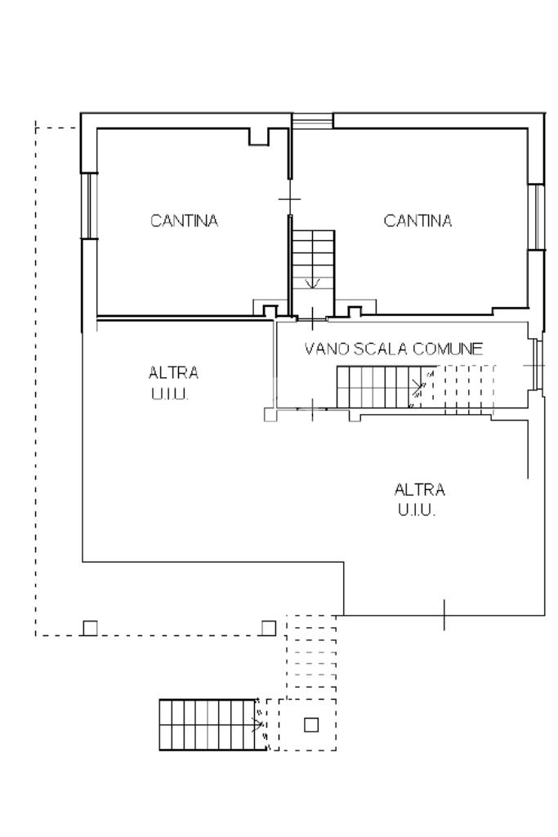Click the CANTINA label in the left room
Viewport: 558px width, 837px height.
click(x=184, y=220)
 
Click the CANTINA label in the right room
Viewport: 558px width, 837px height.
click(x=417, y=220)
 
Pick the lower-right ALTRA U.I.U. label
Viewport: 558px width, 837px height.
click(x=419, y=500)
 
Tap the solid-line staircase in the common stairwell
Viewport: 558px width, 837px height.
click(x=386, y=386)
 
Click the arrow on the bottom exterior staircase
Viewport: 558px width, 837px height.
click(x=258, y=724)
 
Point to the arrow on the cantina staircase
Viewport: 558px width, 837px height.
click(x=312, y=283)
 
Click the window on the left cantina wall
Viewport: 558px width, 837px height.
click(x=89, y=206)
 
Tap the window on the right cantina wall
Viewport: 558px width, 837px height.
click(x=536, y=216)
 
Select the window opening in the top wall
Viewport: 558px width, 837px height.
click(x=312, y=121)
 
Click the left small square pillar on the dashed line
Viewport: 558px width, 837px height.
click(x=90, y=628)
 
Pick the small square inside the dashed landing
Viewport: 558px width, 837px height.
click(x=311, y=725)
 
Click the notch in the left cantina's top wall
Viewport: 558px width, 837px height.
click(x=258, y=136)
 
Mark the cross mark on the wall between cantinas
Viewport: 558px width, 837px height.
click(x=289, y=199)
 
